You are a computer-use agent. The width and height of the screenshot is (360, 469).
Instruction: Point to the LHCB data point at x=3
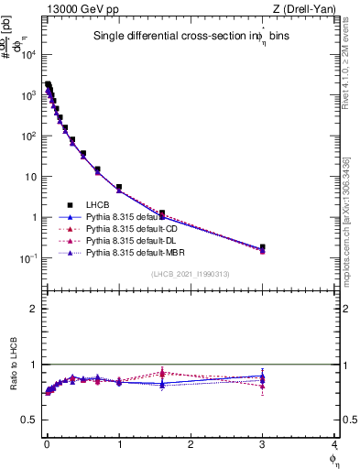[x=263, y=247]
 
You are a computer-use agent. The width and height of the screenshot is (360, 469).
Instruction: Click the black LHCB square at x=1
[x=119, y=188]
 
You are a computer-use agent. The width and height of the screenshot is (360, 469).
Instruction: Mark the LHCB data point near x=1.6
[x=162, y=213]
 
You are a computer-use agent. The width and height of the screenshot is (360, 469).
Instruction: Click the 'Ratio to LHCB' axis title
[x=14, y=375]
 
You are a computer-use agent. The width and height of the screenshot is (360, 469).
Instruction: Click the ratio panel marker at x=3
[x=263, y=376]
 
